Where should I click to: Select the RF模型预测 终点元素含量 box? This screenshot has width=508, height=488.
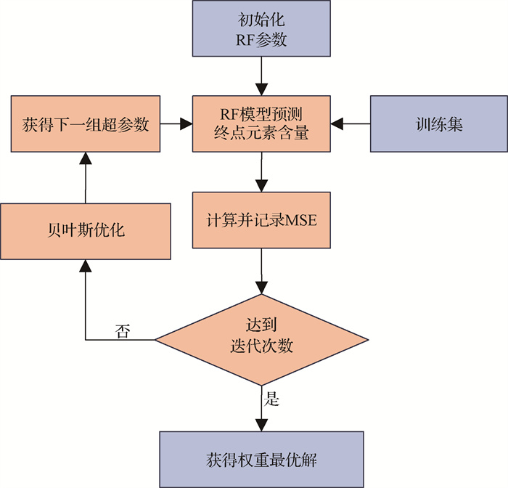(x=261, y=123)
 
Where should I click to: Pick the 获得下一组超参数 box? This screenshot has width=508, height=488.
(x=86, y=124)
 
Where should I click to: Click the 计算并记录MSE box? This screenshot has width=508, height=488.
(x=261, y=219)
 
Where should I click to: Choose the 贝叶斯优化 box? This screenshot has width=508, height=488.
(x=86, y=231)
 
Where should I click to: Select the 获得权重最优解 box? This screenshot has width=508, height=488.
(x=261, y=460)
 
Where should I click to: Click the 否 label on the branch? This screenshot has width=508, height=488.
(x=123, y=330)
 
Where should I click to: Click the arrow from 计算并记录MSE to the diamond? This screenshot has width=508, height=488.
(x=261, y=270)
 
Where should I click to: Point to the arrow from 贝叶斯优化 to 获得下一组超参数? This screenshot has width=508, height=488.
(x=86, y=177)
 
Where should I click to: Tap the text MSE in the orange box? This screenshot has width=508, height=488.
(x=301, y=220)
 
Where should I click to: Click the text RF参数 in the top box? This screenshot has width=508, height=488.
(x=261, y=40)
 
